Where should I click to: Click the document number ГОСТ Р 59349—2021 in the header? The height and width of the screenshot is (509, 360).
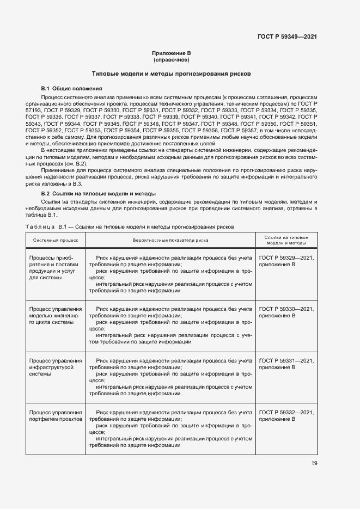pos(287,37)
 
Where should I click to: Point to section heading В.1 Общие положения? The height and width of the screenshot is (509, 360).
pos(71,88)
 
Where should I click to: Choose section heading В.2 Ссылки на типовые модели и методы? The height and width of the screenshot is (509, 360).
pos(99,193)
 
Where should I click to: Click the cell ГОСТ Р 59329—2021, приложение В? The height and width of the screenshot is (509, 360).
pos(286,260)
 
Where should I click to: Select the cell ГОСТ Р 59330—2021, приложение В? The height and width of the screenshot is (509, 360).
pos(286,311)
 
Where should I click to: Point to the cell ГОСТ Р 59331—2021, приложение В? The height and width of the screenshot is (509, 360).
pos(286,364)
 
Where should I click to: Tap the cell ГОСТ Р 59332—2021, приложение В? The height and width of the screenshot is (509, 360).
pos(286,416)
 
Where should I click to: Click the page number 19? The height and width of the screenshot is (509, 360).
pos(314,463)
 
